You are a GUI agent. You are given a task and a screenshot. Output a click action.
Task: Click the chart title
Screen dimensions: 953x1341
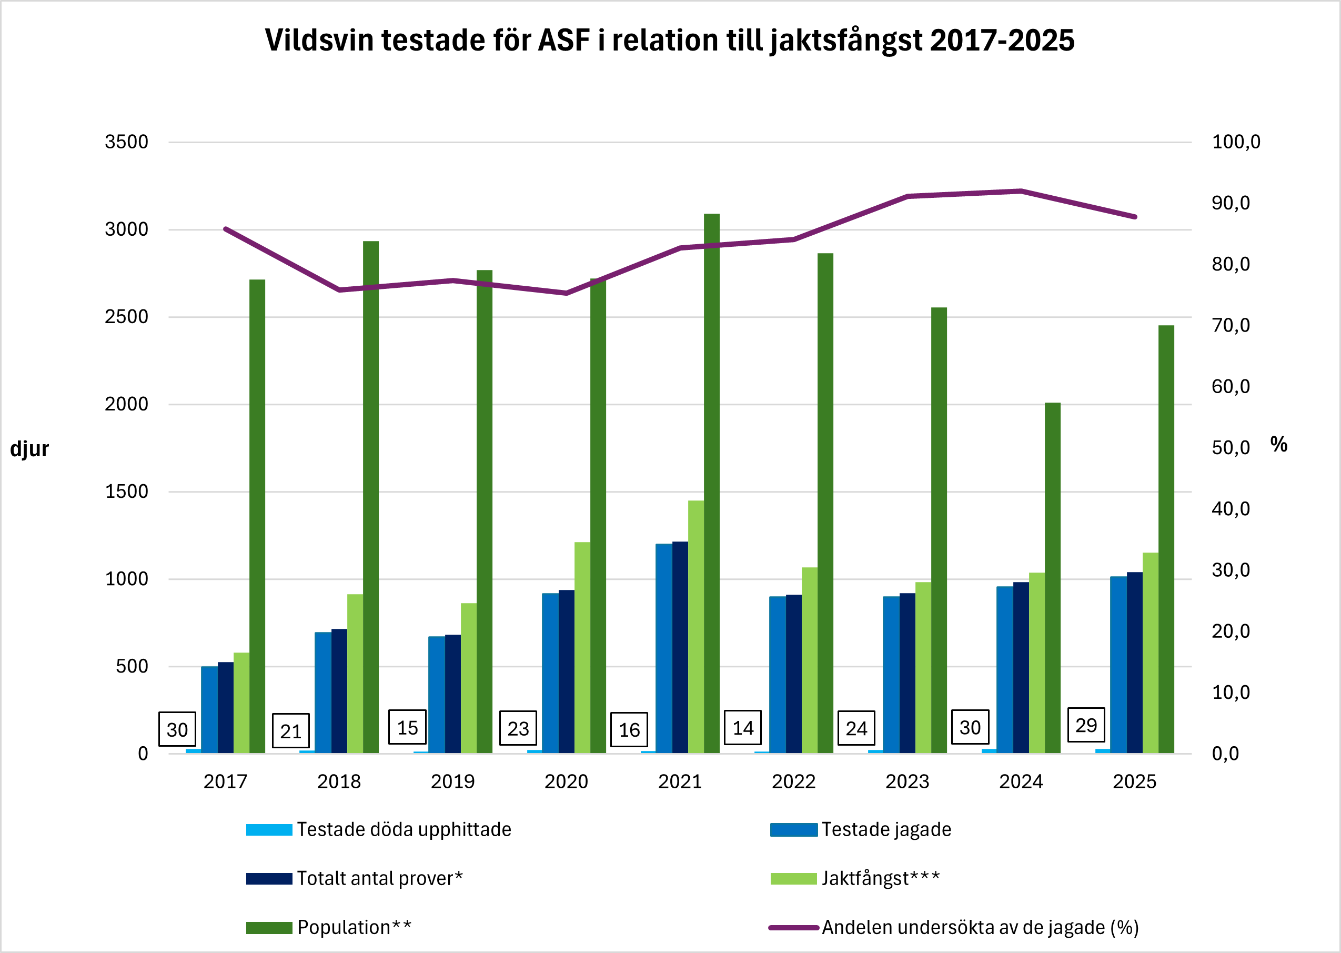click(x=669, y=41)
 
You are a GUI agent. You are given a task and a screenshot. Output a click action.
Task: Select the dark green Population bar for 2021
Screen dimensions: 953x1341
click(x=712, y=481)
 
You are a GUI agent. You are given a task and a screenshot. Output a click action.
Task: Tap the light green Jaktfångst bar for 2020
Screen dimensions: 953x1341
click(x=582, y=646)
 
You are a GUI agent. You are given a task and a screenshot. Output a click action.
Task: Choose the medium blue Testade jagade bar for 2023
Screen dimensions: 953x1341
click(x=891, y=675)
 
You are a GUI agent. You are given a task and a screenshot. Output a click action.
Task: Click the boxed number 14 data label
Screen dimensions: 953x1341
click(x=743, y=728)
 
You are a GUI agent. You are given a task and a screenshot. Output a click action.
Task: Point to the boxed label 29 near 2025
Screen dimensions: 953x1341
click(x=1086, y=725)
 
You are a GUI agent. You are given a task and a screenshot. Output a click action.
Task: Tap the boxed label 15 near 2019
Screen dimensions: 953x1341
click(x=407, y=728)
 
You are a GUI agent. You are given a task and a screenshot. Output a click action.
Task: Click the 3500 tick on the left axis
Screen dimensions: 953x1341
click(x=126, y=142)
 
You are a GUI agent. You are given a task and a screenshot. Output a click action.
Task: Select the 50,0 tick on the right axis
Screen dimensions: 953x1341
click(x=1230, y=448)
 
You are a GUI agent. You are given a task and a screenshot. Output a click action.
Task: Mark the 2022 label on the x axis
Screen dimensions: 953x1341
click(x=793, y=781)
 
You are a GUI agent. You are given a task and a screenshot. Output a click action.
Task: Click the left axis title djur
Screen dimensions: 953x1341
click(x=29, y=449)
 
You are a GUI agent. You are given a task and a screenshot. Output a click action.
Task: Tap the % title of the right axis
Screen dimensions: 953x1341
click(x=1278, y=444)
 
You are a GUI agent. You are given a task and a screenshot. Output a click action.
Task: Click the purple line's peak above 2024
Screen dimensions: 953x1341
click(x=1021, y=190)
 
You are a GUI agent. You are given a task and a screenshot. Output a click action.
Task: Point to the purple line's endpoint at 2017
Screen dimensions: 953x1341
click(x=226, y=229)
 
